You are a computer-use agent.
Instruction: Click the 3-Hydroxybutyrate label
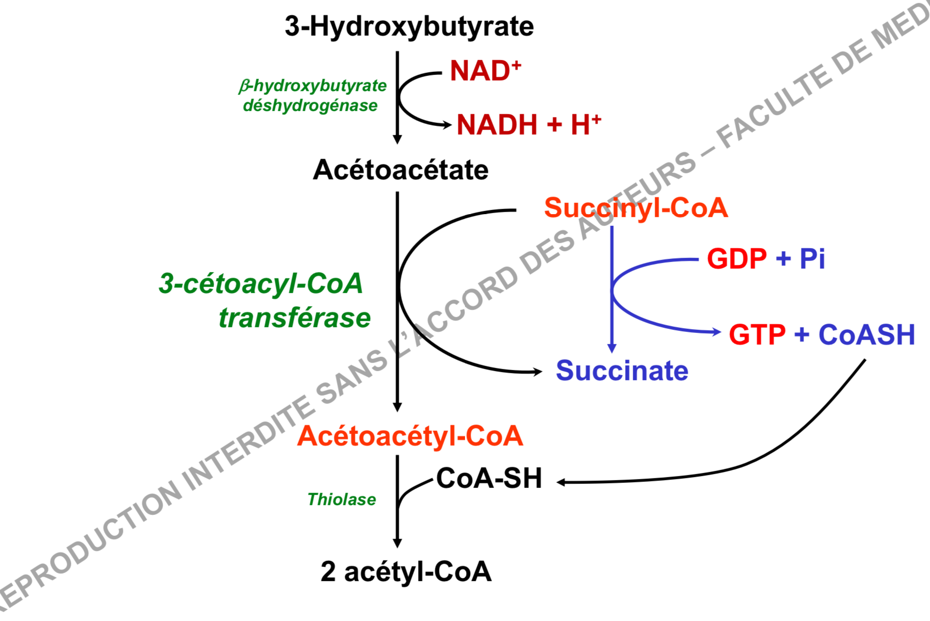tap(409, 27)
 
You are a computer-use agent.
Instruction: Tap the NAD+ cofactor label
tap(485, 70)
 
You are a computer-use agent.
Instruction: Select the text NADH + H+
tap(529, 125)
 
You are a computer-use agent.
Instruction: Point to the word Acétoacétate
tap(401, 170)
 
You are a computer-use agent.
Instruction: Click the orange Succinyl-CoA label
tap(636, 208)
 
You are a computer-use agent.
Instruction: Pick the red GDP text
tap(737, 259)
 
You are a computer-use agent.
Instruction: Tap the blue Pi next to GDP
tap(812, 259)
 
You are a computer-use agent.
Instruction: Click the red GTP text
tap(757, 335)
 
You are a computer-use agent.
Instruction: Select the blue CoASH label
tap(867, 335)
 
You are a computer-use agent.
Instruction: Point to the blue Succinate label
tap(622, 371)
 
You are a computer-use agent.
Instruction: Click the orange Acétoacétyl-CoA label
tap(410, 436)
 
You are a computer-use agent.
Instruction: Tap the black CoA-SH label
tap(489, 479)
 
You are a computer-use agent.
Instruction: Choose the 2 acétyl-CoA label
tap(406, 572)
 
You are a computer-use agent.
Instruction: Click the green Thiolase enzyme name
tap(342, 500)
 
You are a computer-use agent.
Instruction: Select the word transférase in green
tap(295, 318)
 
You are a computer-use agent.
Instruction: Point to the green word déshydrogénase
tap(311, 106)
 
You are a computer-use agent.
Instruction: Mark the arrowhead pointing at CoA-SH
tap(561, 482)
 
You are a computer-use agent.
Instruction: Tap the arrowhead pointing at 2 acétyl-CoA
tap(397, 544)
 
